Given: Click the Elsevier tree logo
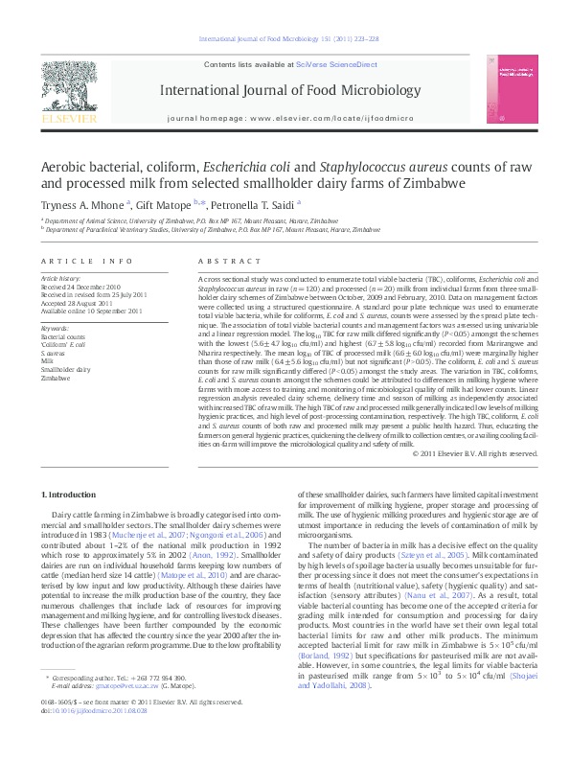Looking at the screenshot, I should [x=68, y=93].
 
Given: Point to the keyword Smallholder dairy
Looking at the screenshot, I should [x=65, y=368].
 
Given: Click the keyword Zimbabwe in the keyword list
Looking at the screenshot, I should [x=55, y=377].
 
